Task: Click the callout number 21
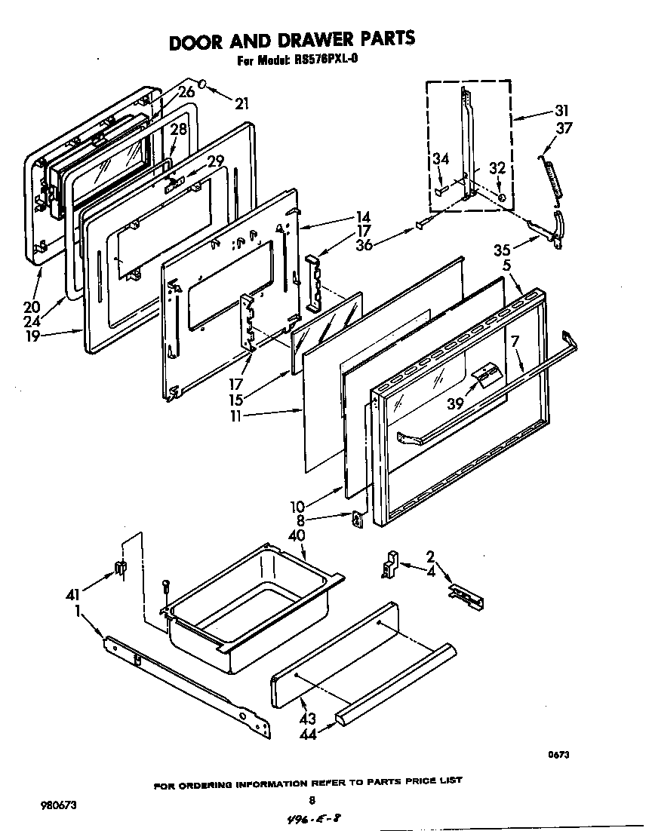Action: coord(241,103)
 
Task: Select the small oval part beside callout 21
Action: coord(205,82)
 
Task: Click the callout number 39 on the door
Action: coord(456,403)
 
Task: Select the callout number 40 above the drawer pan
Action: coord(298,535)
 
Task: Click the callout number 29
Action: coord(215,161)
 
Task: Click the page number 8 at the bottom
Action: coord(311,801)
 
